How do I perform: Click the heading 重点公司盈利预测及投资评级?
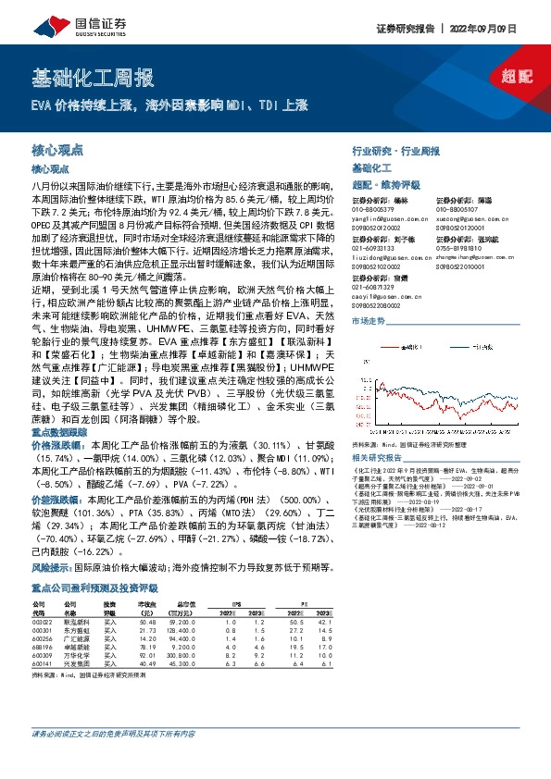point(94,562)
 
